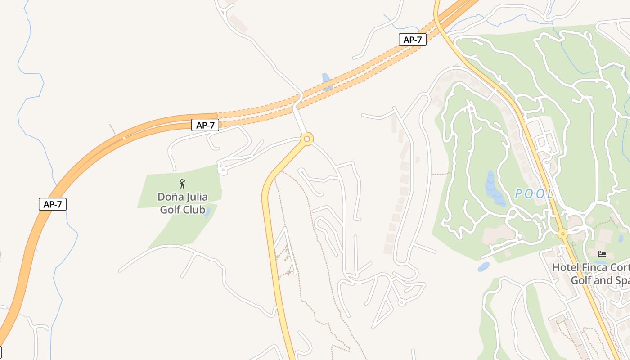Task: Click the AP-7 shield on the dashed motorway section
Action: tap(413, 40)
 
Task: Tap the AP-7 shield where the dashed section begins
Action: tap(205, 125)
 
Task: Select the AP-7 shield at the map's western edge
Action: tap(53, 204)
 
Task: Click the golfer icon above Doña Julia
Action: tap(182, 184)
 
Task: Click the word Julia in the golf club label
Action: tap(196, 197)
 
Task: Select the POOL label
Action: tap(534, 194)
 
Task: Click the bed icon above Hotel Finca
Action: tap(602, 254)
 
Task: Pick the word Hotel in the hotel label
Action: tap(566, 267)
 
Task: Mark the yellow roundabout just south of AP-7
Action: tap(307, 139)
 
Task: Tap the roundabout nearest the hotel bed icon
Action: tap(562, 234)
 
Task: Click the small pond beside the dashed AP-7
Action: tap(327, 81)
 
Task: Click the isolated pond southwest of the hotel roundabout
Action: tap(484, 266)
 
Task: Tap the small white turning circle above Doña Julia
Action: tap(222, 170)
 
